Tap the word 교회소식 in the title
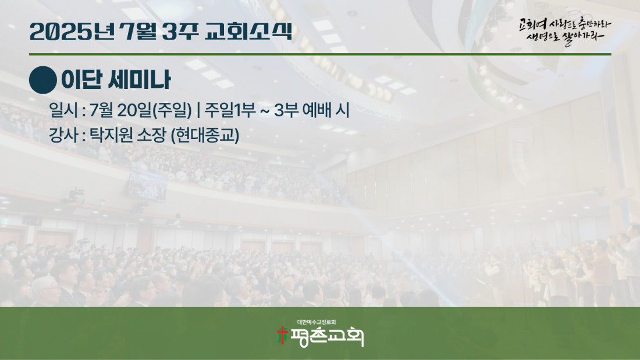tap(248, 31)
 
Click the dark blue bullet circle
tap(43, 80)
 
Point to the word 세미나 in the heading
tap(140, 80)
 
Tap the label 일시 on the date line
tap(63, 110)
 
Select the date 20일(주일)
tap(154, 110)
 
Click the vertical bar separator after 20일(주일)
tap(198, 110)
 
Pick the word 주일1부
tap(230, 110)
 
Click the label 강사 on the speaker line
tap(63, 135)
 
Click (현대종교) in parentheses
tap(204, 136)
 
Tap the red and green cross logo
tap(282, 336)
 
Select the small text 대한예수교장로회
tap(317, 322)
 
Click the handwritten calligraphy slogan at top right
tap(565, 31)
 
